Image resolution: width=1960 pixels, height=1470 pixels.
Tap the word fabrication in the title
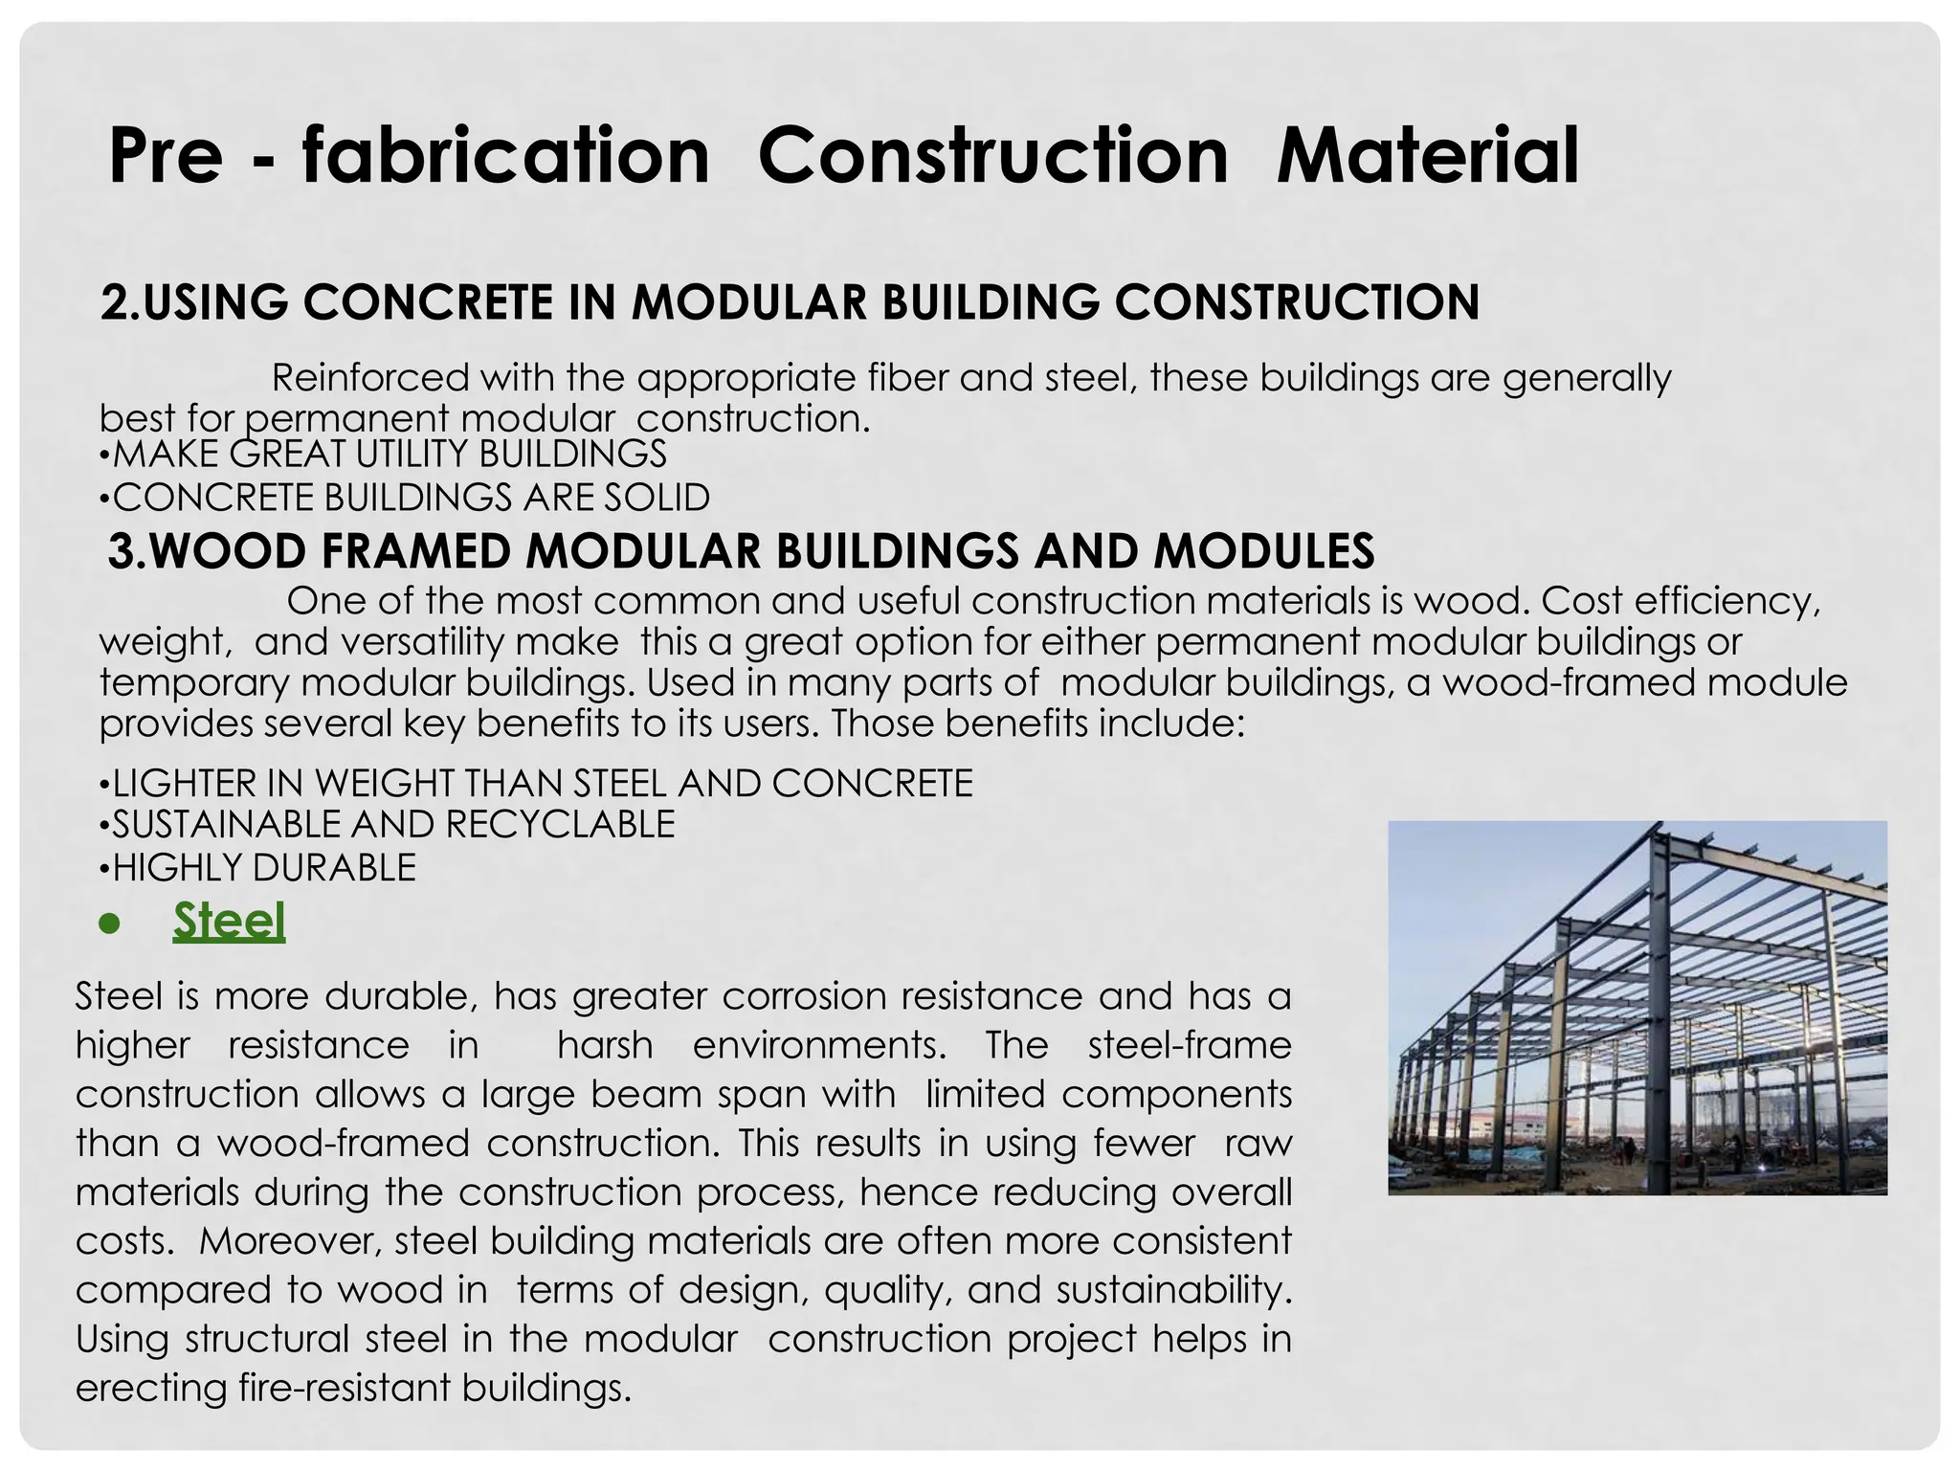pyautogui.click(x=505, y=156)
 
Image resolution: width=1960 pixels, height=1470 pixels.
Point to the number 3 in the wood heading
pyautogui.click(x=121, y=551)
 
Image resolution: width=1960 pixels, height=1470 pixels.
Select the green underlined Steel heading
pyautogui.click(x=229, y=921)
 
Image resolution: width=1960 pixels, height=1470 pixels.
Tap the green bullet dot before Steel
pyautogui.click(x=111, y=924)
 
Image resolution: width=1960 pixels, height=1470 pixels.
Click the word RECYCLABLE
pyautogui.click(x=560, y=824)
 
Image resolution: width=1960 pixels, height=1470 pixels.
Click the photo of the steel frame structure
pyautogui.click(x=1637, y=1008)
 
